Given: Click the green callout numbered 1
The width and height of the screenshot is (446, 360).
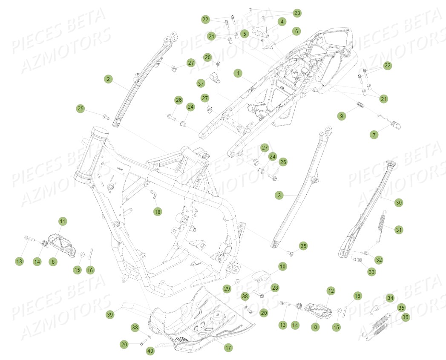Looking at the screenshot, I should (x=238, y=73).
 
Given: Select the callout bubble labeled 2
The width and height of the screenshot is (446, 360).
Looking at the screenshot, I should (x=109, y=79).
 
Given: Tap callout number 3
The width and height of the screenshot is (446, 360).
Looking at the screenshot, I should (x=279, y=195).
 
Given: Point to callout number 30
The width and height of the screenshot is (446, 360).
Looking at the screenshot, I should (x=398, y=203).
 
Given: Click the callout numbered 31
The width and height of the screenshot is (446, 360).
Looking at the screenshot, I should (x=398, y=230).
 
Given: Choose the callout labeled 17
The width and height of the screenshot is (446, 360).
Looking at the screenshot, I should (x=228, y=348).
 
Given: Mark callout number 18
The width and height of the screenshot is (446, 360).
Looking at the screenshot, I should (x=158, y=211).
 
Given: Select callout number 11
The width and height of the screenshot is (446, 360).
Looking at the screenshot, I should (x=63, y=222).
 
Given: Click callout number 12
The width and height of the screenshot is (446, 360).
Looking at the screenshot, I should (x=331, y=291).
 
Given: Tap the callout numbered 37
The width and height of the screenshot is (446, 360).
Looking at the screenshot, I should (x=201, y=82).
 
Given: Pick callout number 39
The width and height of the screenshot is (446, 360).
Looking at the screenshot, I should (x=110, y=314).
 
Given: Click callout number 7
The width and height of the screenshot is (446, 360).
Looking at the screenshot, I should (x=374, y=135).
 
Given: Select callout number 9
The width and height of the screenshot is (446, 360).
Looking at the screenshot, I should (x=341, y=116).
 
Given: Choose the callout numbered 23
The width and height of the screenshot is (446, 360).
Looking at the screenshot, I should (x=297, y=13).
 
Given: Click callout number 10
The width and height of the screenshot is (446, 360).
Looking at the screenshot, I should (x=282, y=266).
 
